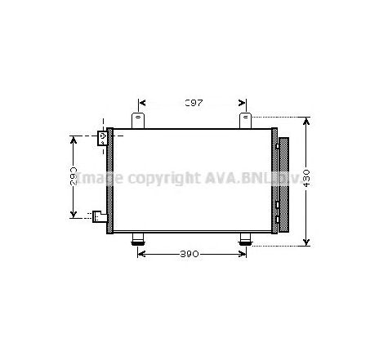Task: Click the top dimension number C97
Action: [x=192, y=103]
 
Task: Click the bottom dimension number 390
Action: [x=190, y=254]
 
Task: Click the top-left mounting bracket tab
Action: [x=138, y=121]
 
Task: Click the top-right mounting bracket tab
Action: [x=245, y=121]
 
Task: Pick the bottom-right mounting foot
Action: [x=245, y=238]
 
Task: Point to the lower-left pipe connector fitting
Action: [x=100, y=216]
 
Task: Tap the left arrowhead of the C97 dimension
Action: [x=142, y=103]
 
